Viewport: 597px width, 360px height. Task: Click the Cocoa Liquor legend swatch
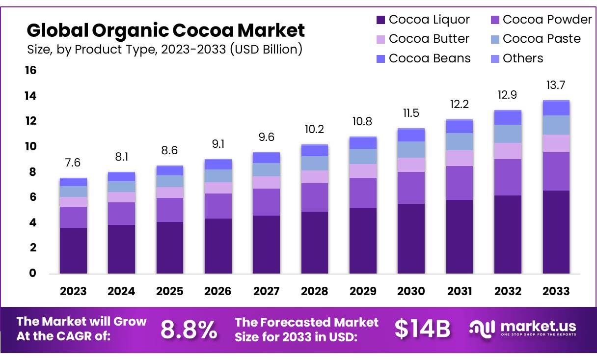pos(380,20)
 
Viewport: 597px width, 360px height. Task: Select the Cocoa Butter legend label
pos(429,39)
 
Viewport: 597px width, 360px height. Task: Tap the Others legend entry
pos(523,58)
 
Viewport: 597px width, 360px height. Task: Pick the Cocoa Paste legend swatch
pos(495,39)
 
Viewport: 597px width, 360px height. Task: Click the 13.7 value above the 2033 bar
pos(556,85)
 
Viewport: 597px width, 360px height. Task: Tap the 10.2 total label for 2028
pos(314,130)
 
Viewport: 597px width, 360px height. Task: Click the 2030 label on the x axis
pos(411,291)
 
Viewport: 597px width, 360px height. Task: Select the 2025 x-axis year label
pos(169,291)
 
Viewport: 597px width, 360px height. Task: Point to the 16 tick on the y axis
pos(30,71)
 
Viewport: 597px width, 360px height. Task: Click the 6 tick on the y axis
pos(32,197)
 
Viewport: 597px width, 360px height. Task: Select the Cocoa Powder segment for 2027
pos(266,202)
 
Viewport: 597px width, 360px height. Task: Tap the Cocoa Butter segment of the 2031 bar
pos(459,158)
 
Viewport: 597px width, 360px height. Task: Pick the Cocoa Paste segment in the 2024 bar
pos(121,187)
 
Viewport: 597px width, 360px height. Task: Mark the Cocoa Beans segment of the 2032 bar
pos(508,118)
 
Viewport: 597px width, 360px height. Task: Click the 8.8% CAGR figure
pos(189,330)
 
